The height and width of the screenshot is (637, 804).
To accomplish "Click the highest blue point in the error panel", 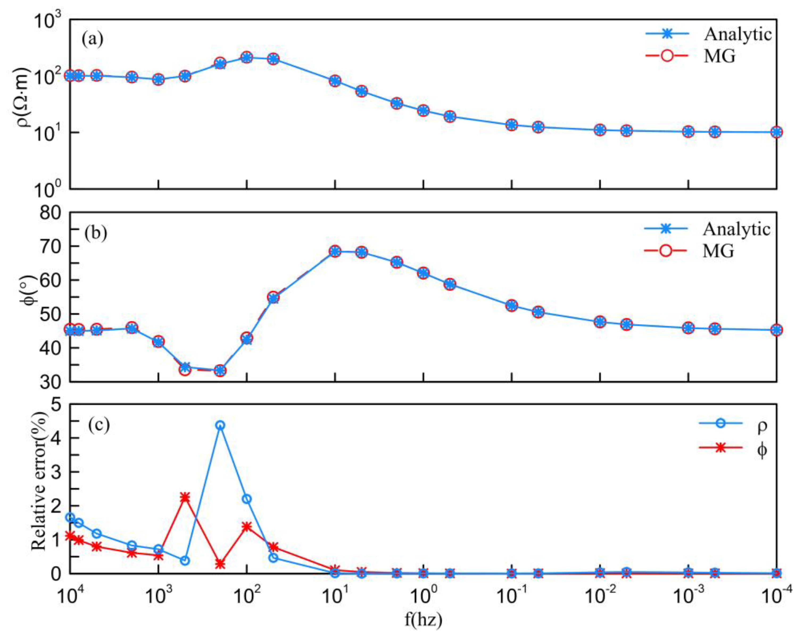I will click(x=220, y=425).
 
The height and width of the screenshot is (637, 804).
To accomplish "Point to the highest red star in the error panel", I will click(x=185, y=497).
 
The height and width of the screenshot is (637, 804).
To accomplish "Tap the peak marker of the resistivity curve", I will click(x=247, y=57).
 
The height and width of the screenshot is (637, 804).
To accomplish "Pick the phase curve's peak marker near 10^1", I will click(x=335, y=251).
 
